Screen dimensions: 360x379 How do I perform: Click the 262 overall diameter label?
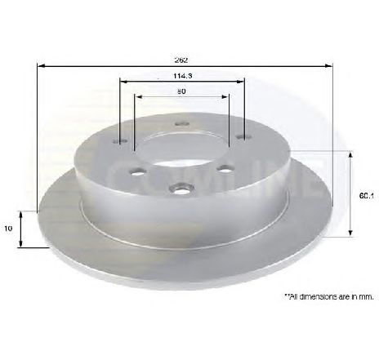pyautogui.click(x=181, y=60)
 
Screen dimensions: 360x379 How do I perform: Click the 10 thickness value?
pyautogui.click(x=8, y=229)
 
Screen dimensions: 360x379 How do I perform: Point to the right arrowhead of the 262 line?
pyautogui.click(x=330, y=68)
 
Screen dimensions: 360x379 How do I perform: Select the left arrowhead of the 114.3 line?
pyautogui.click(x=123, y=81)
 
